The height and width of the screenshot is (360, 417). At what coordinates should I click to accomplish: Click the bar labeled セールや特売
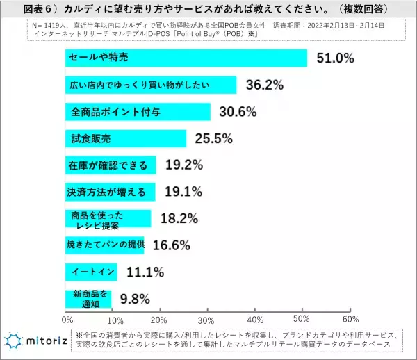tap(186, 58)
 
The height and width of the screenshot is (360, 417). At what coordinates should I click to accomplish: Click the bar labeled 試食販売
tap(126, 138)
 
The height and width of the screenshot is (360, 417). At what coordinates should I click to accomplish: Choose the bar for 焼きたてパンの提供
tap(104, 244)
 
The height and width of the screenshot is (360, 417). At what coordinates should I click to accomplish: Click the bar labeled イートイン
tap(91, 271)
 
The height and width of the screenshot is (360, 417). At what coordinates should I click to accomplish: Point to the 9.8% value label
tap(134, 298)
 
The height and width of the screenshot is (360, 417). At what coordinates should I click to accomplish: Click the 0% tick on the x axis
tap(67, 320)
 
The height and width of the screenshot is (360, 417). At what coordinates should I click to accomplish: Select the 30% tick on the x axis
tap(206, 320)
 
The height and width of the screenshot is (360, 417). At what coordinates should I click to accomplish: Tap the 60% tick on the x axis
tap(350, 320)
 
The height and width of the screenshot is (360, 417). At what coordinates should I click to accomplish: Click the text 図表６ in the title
tap(35, 8)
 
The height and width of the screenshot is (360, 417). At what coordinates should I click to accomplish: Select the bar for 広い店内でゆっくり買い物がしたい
tap(151, 85)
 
